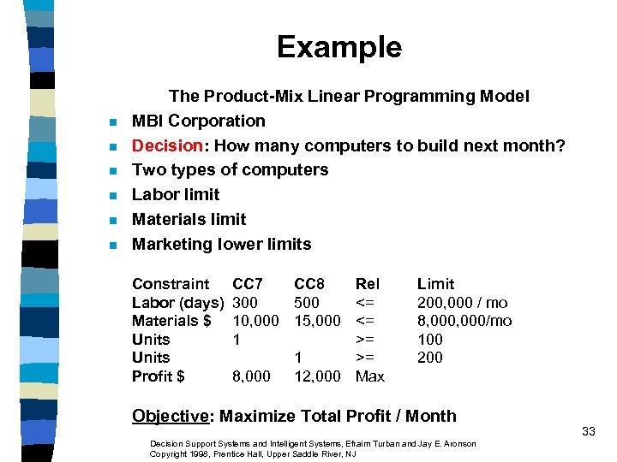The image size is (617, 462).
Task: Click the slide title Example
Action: (x=338, y=47)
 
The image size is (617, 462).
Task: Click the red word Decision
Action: (x=165, y=145)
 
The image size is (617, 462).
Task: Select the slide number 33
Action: (x=588, y=431)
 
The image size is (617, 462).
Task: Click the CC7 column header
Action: (x=248, y=284)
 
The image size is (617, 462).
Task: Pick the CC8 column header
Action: (x=309, y=284)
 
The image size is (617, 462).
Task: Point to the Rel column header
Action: (x=368, y=284)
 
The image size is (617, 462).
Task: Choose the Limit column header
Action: (x=435, y=284)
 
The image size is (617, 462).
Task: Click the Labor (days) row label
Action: (x=178, y=303)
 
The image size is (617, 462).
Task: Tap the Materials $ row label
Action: (x=171, y=321)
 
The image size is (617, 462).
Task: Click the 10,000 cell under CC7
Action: (x=255, y=321)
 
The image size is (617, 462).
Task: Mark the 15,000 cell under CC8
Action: (x=317, y=321)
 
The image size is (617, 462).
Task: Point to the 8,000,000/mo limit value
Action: (x=464, y=321)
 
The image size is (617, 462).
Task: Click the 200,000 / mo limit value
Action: (x=462, y=303)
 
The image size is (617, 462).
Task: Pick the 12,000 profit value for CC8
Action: (x=317, y=376)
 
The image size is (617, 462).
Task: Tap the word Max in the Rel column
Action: (x=370, y=376)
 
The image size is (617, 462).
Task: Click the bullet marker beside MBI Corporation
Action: (x=111, y=122)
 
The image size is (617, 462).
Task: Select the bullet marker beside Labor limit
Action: (x=111, y=196)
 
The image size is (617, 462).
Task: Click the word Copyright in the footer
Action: (x=167, y=453)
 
